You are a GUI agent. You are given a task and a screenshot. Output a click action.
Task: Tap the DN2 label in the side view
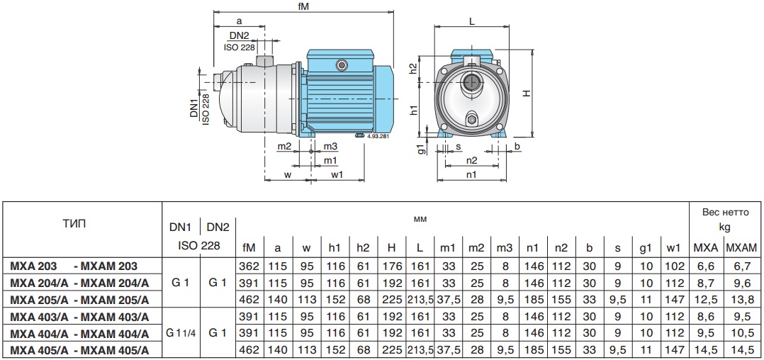click(x=240, y=35)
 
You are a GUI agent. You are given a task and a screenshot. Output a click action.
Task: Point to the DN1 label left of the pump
click(x=195, y=108)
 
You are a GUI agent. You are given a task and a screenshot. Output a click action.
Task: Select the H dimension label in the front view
click(x=527, y=93)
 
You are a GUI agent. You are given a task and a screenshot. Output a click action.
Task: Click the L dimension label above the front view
click(x=472, y=21)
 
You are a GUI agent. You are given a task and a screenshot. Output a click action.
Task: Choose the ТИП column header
click(x=74, y=224)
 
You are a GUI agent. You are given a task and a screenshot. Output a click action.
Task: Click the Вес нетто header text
click(x=725, y=213)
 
